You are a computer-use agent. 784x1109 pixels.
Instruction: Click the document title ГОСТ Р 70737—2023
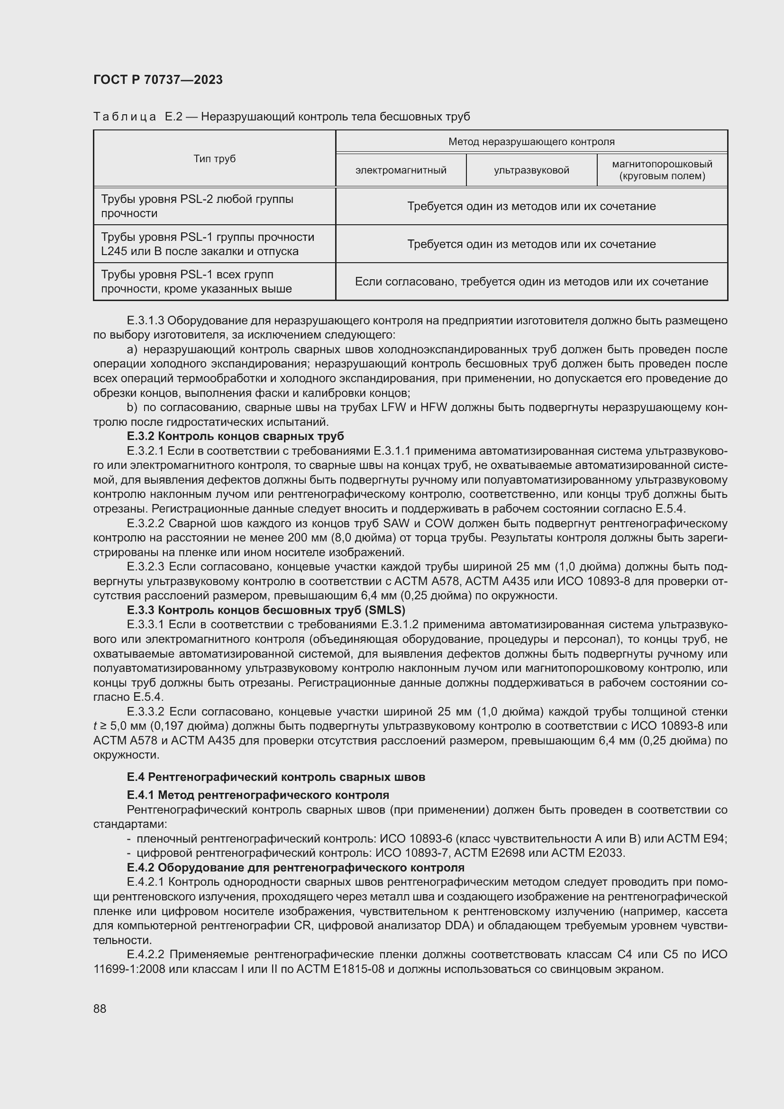158,80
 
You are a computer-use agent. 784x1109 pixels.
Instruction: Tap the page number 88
100,1008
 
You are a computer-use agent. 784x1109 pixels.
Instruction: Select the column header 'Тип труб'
214,159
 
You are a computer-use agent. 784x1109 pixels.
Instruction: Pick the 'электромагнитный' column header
401,170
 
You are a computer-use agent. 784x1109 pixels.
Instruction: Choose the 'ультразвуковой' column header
531,170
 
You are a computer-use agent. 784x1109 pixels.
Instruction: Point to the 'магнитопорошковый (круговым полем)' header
662,170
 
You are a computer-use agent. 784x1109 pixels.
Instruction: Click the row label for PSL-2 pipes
197,206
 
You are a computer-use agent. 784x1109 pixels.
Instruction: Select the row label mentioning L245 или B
208,244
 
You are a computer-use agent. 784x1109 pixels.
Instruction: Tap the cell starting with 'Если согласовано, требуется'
531,282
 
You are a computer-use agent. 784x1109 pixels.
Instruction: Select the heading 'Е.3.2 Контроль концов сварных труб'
235,436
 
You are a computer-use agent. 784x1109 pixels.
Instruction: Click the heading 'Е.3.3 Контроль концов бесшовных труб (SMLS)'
265,610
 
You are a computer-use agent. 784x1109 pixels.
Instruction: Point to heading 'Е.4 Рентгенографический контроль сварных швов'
276,777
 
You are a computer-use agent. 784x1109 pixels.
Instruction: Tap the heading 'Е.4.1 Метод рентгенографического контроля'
258,795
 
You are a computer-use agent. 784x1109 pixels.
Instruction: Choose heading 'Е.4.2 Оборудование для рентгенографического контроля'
295,868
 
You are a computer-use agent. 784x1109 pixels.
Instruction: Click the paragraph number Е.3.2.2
146,523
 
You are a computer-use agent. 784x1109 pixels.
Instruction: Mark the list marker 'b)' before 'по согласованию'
132,408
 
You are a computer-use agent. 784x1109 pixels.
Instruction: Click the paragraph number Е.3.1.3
146,321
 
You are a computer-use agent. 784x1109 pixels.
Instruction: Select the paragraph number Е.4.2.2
146,954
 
